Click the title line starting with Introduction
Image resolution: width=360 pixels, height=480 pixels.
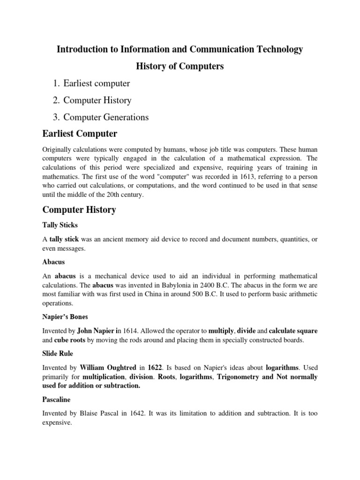180,49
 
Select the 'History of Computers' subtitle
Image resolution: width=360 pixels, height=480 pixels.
180,67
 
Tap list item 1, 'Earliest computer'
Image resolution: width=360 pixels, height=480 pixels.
97,83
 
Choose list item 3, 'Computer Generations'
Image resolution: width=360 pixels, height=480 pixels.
106,117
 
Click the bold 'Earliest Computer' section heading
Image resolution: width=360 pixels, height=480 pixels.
80,134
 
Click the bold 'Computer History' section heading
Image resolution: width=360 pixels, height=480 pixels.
79,210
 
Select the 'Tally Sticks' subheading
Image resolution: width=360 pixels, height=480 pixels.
60,225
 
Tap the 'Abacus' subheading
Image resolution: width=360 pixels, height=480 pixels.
53,262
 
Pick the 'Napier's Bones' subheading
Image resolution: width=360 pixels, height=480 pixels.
65,317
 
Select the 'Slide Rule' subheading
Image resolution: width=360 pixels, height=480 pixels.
58,353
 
